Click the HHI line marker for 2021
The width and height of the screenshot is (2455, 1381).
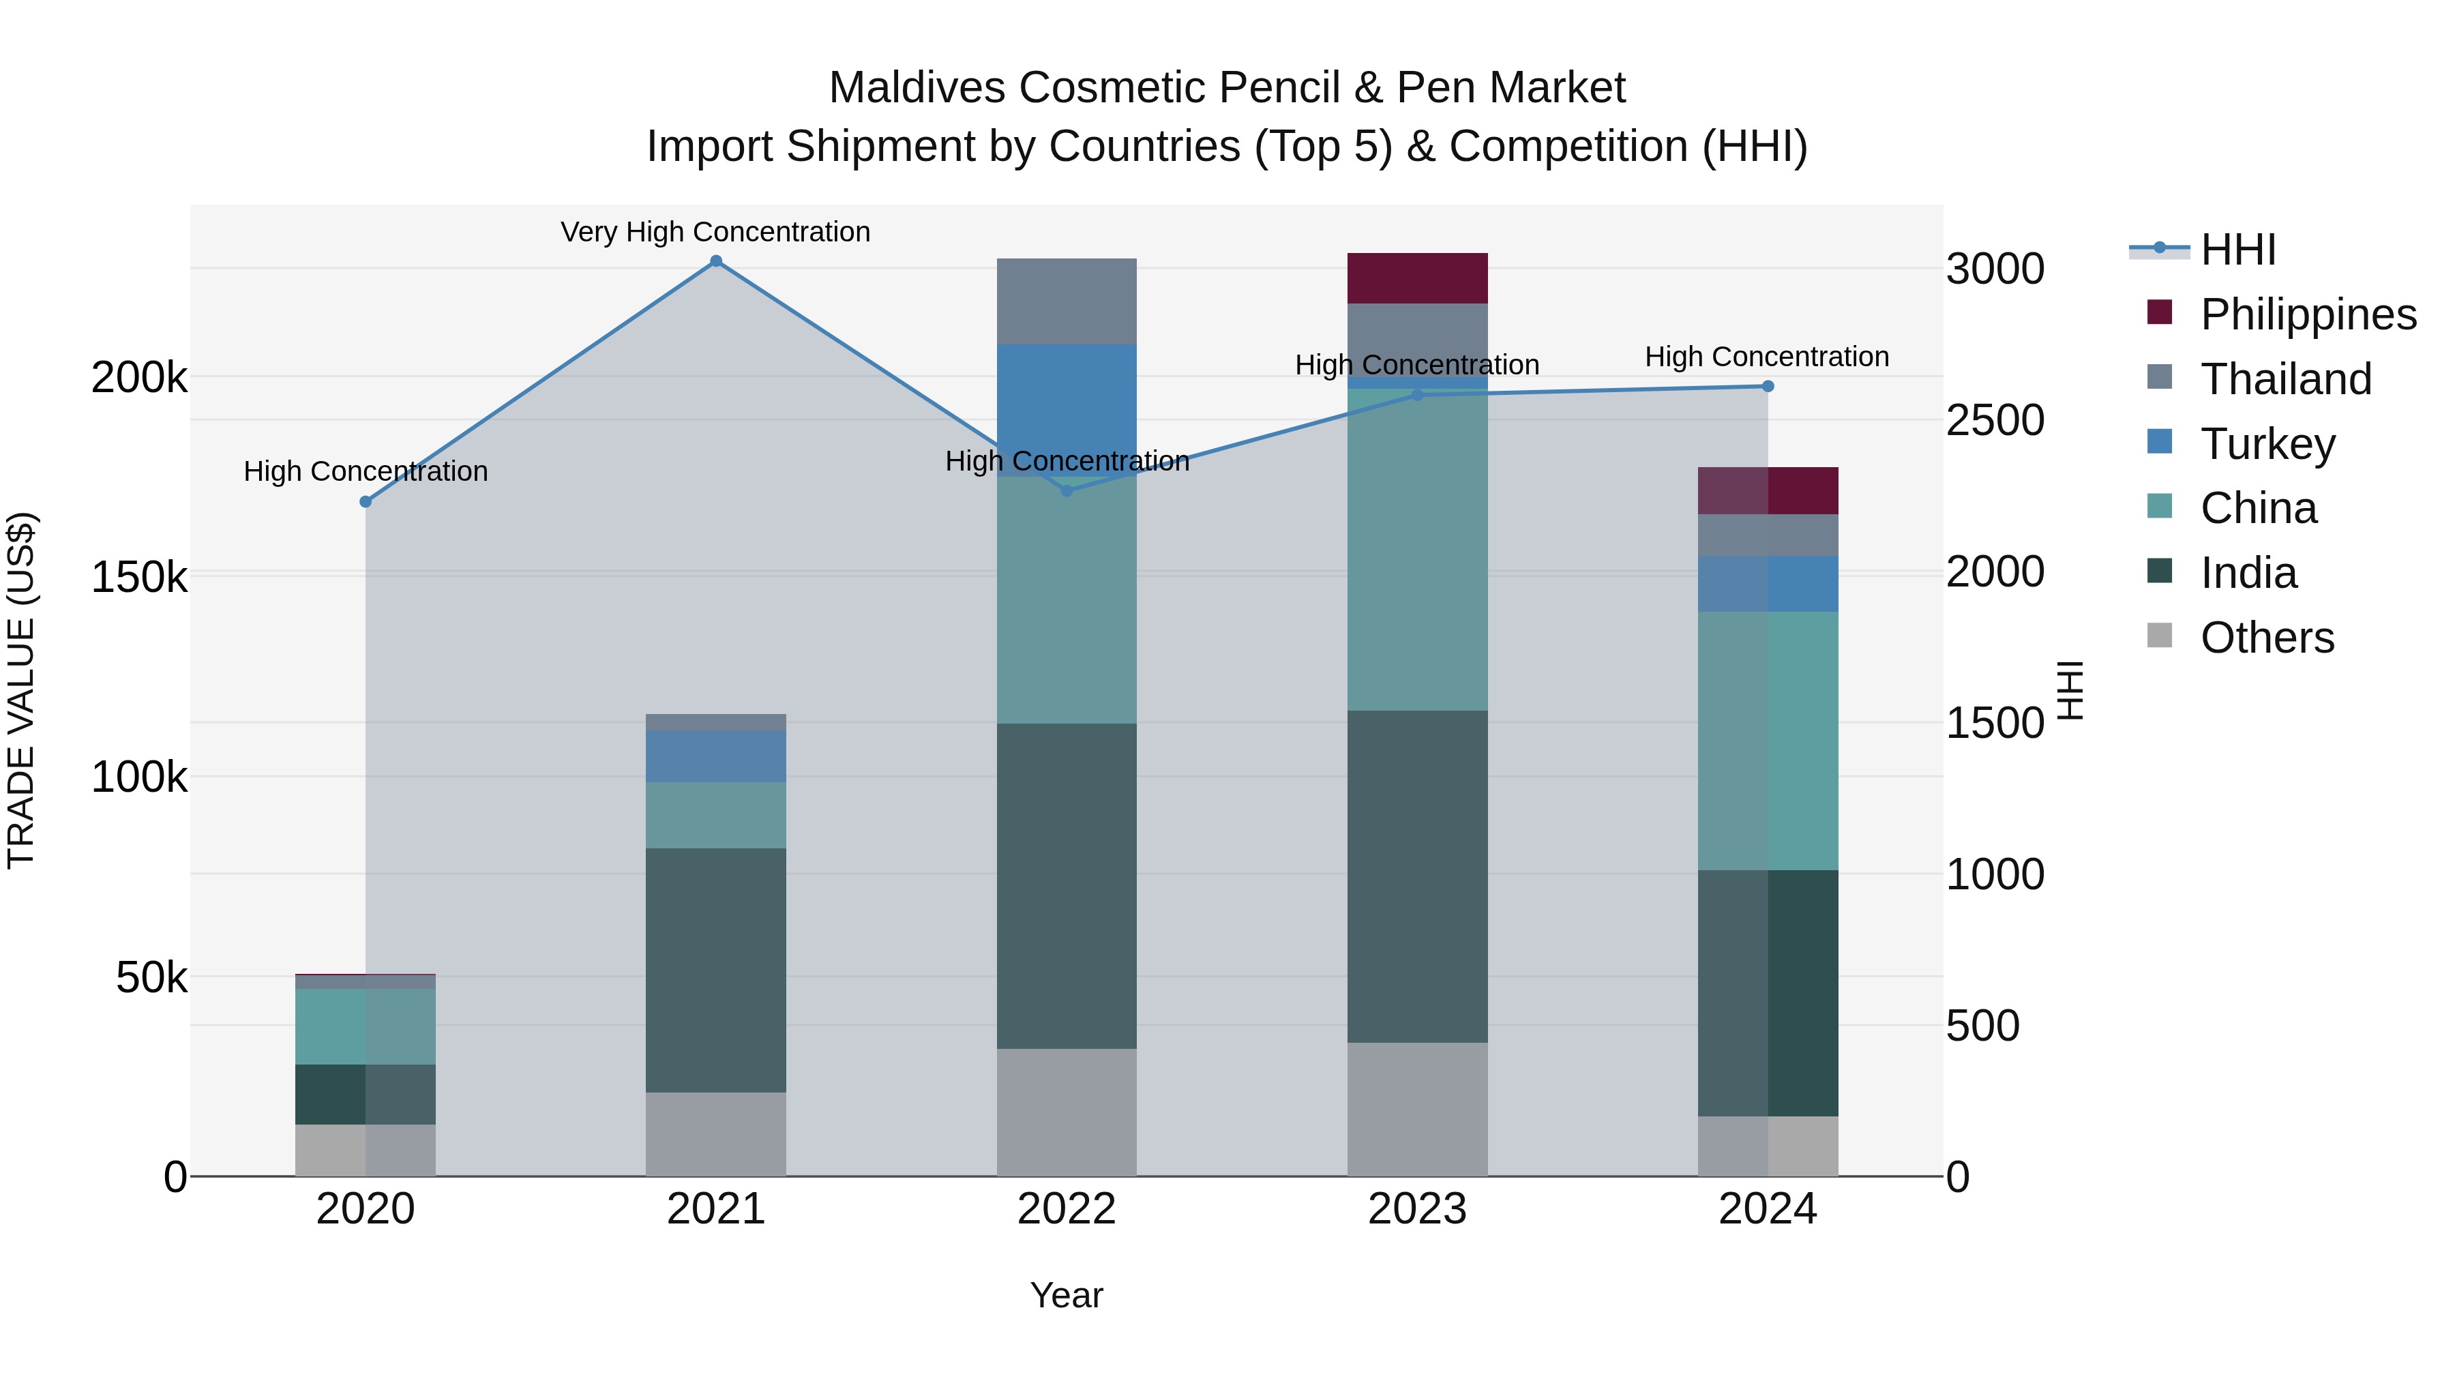pyautogui.click(x=716, y=261)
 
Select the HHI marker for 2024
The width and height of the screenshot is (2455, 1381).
pyautogui.click(x=1768, y=386)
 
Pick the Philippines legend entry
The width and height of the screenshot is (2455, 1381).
pyautogui.click(x=2307, y=314)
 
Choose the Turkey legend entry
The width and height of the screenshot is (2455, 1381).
pyautogui.click(x=2267, y=443)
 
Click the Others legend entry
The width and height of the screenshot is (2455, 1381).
pyautogui.click(x=2266, y=638)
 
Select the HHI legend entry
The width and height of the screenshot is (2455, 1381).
pyautogui.click(x=2237, y=250)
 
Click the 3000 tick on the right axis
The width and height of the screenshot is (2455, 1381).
pyautogui.click(x=1995, y=269)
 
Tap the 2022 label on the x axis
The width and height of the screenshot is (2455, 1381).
pyautogui.click(x=1067, y=1209)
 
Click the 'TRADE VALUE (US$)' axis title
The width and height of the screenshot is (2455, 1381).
pyautogui.click(x=21, y=690)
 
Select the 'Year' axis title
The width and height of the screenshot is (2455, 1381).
pyautogui.click(x=1067, y=1295)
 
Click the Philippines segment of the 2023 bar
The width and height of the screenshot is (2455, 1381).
pyautogui.click(x=1417, y=278)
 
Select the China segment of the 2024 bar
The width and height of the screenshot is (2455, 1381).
pyautogui.click(x=1768, y=741)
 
